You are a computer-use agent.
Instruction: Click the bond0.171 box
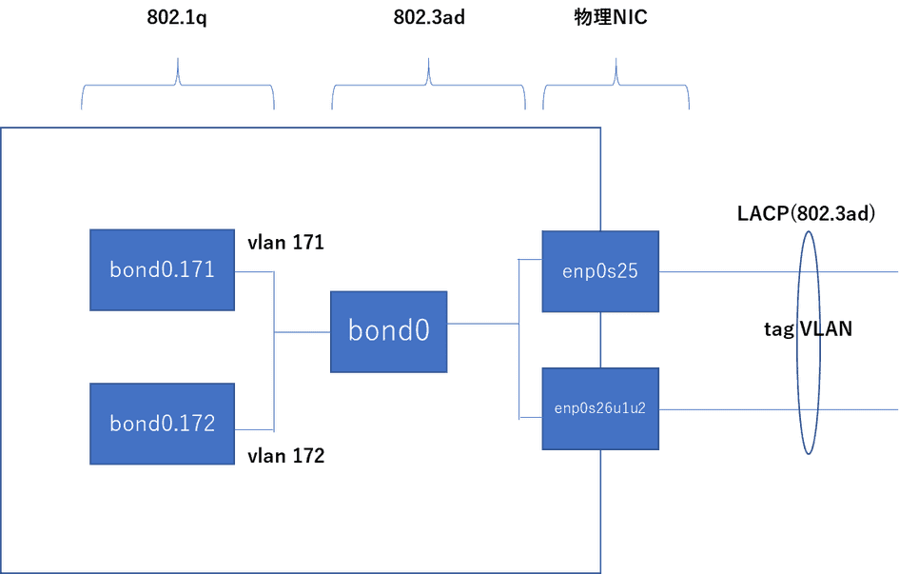click(x=162, y=270)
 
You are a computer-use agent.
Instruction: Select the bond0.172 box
click(x=162, y=424)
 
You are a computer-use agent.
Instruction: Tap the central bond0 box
click(x=389, y=331)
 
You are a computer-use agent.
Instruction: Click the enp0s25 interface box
click(x=599, y=271)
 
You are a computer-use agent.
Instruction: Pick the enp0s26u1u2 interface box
click(x=599, y=409)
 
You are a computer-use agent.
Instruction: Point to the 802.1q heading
click(x=178, y=19)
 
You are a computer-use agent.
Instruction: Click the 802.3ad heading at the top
click(x=429, y=19)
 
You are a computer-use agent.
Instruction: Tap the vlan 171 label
click(x=285, y=244)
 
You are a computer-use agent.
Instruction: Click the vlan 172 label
click(x=285, y=456)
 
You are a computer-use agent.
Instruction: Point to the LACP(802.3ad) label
click(x=805, y=213)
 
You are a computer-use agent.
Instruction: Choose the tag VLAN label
click(x=807, y=329)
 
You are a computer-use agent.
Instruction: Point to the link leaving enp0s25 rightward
click(x=723, y=271)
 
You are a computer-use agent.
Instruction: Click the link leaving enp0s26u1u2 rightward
click(x=723, y=410)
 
